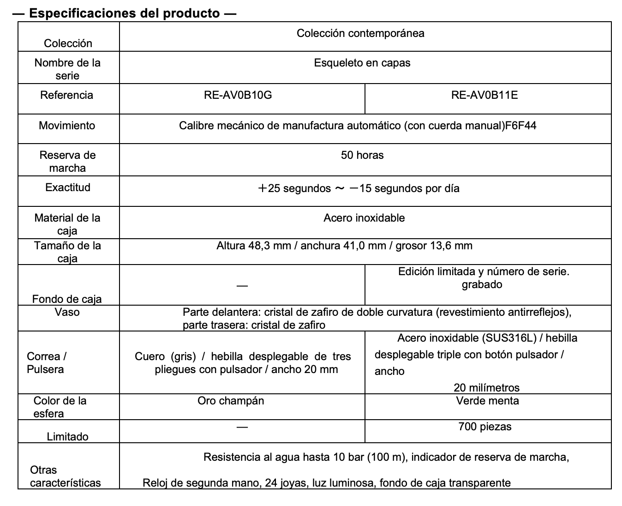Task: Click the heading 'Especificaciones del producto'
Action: tap(124, 13)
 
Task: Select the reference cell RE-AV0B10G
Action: tap(238, 95)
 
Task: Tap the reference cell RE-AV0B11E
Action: tap(484, 95)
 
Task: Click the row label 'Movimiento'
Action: tap(67, 126)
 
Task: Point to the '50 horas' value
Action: tap(362, 155)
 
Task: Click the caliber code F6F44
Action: tap(521, 126)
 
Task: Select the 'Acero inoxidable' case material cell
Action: tap(364, 218)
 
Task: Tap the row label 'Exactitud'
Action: tap(68, 187)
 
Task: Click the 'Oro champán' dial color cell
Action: tap(231, 401)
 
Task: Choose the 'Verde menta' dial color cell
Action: tap(487, 401)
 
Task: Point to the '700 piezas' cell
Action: tap(485, 427)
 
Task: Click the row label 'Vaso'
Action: tap(67, 312)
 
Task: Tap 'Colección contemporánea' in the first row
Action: tap(360, 33)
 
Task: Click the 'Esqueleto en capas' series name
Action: tap(362, 63)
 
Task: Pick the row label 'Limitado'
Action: tap(67, 436)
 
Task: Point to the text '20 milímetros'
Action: tap(486, 388)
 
